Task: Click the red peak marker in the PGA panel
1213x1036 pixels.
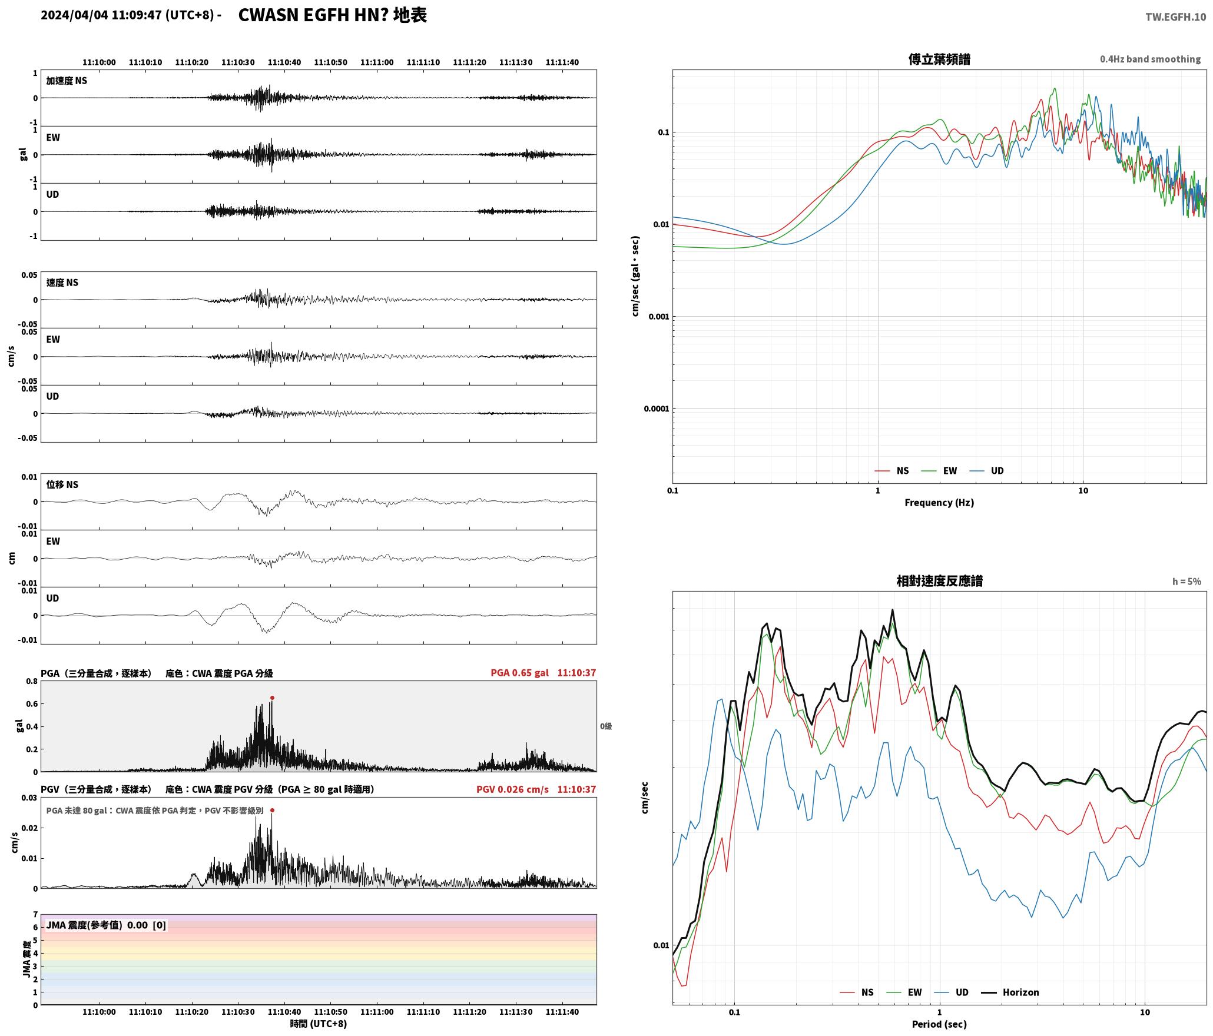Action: (x=272, y=698)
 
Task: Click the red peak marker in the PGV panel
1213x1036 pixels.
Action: (x=272, y=810)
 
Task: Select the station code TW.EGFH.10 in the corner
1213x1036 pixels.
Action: (x=1175, y=17)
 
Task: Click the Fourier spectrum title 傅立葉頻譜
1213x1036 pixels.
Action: (x=939, y=59)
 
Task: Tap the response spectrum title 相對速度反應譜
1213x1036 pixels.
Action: (x=939, y=581)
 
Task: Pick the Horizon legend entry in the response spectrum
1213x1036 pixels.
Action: (x=1010, y=992)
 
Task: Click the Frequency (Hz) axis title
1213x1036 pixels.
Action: (x=939, y=502)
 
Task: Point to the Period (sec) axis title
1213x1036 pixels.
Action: (x=939, y=1024)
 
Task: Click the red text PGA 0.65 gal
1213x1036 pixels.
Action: (x=519, y=672)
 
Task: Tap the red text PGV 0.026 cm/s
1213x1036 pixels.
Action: (x=512, y=789)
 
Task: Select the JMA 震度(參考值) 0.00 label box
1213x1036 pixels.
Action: (x=106, y=925)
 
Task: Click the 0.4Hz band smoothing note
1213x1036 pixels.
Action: (x=1150, y=59)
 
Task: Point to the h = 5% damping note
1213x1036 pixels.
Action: (x=1187, y=582)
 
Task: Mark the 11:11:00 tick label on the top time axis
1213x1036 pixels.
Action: (x=377, y=62)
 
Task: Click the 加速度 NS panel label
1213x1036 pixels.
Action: (x=67, y=81)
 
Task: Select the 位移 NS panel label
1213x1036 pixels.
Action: (x=62, y=484)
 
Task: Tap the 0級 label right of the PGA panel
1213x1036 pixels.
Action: (x=606, y=726)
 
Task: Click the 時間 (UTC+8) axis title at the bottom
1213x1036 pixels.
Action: (x=318, y=1024)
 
